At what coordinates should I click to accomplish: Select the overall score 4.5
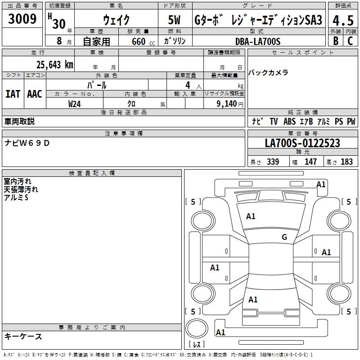[342, 21]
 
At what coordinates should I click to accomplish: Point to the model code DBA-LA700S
[258, 41]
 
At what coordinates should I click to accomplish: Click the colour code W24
[75, 103]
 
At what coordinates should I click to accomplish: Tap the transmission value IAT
[13, 94]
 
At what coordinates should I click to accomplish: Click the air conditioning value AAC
[35, 94]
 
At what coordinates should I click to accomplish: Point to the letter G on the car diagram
[284, 237]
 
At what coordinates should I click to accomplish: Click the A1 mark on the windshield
[251, 216]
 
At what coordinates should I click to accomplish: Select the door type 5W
[174, 21]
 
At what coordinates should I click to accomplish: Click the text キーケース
[23, 336]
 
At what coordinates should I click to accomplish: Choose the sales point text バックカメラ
[268, 72]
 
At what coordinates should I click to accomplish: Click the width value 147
[310, 162]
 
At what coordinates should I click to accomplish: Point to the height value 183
[346, 162]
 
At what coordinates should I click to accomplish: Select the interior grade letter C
[350, 40]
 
